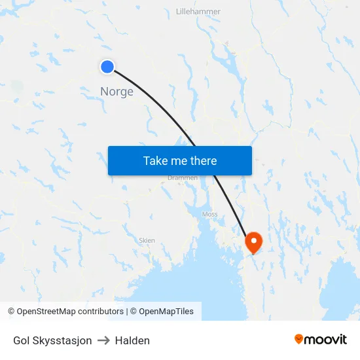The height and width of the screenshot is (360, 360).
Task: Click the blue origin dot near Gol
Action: pyautogui.click(x=107, y=66)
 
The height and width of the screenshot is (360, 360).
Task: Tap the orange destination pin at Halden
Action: pyautogui.click(x=253, y=243)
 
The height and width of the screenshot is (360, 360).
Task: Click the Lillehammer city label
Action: pyautogui.click(x=198, y=12)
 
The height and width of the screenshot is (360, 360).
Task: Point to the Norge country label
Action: pyautogui.click(x=117, y=92)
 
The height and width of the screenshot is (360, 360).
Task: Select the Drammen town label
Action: pyautogui.click(x=183, y=177)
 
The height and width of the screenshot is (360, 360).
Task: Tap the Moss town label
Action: pyautogui.click(x=210, y=214)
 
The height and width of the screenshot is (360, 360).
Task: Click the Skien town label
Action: pyautogui.click(x=147, y=240)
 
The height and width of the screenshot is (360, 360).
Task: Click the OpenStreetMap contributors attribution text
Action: pyautogui.click(x=69, y=312)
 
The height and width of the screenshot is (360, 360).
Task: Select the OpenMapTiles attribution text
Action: pyautogui.click(x=166, y=312)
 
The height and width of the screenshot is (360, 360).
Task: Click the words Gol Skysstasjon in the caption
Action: pyautogui.click(x=52, y=340)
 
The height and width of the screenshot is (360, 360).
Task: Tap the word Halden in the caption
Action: pyautogui.click(x=132, y=340)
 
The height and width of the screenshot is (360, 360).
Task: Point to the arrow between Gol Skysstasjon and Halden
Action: pyautogui.click(x=103, y=340)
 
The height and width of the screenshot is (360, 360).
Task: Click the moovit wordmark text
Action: pyautogui.click(x=326, y=339)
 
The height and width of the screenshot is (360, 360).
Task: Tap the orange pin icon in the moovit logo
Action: pyautogui.click(x=299, y=339)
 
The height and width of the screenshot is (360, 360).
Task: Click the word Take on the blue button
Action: pyautogui.click(x=156, y=161)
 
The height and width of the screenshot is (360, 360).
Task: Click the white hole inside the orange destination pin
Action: pyautogui.click(x=253, y=240)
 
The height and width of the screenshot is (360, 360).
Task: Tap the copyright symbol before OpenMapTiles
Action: pyautogui.click(x=133, y=312)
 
